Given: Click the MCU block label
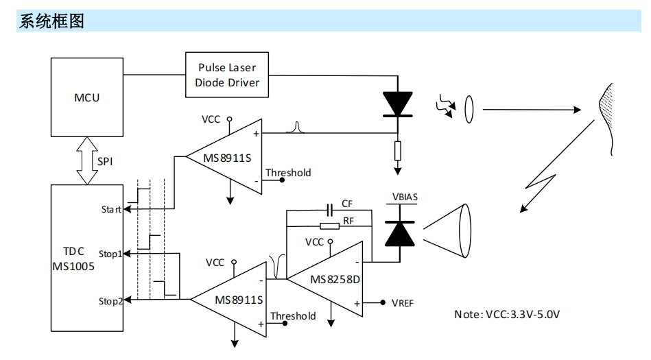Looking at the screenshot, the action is (86, 97).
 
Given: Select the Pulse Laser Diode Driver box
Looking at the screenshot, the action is (227, 75).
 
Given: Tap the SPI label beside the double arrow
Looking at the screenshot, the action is (105, 162).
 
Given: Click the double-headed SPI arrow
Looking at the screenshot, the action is (87, 160).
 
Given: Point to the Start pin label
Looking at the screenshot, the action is (111, 209).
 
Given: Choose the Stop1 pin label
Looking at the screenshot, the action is (110, 254).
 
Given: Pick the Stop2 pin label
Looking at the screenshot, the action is (110, 301).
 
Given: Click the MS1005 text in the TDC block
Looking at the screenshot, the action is (73, 266).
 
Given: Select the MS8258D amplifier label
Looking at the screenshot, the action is (335, 280).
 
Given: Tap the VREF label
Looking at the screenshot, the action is (402, 303).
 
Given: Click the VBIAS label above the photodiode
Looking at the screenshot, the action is (405, 197).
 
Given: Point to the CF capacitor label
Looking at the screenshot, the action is (347, 204).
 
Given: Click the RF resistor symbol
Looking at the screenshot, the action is (330, 226).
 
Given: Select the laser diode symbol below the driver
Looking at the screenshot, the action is (398, 104).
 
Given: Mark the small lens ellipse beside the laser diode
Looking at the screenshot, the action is (469, 110).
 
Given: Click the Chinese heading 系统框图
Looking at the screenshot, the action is (51, 21).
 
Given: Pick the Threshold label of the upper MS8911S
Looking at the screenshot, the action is (288, 173).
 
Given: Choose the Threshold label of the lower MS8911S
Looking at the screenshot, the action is (293, 316).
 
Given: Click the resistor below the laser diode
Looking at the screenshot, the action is (398, 151).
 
